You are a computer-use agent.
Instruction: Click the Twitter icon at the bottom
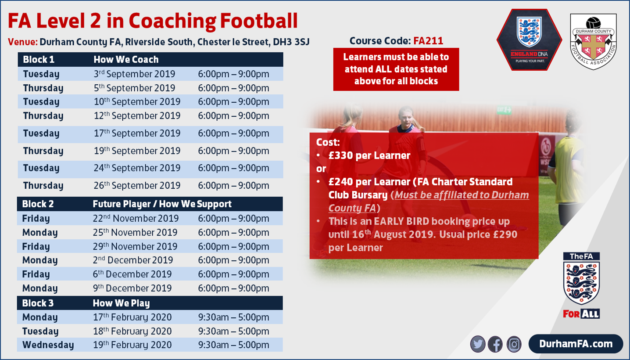(x=478, y=344)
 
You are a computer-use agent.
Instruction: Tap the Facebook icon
(x=495, y=344)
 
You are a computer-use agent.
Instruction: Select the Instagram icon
(x=514, y=344)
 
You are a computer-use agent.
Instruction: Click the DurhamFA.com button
(x=576, y=344)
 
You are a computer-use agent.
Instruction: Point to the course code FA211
(x=428, y=41)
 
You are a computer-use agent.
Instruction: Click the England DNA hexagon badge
(x=529, y=40)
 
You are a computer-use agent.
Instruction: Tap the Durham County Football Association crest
(x=593, y=42)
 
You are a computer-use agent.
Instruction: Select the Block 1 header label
(x=39, y=59)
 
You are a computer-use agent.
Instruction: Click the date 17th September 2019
(x=137, y=133)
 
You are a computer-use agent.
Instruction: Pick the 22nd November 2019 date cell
(x=136, y=219)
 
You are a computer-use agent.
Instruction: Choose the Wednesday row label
(x=48, y=345)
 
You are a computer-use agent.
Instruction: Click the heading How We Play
(x=121, y=303)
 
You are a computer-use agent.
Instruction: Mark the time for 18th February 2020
(x=233, y=331)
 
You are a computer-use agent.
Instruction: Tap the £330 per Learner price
(x=369, y=156)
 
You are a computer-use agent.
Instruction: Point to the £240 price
(x=340, y=182)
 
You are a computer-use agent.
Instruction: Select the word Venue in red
(x=22, y=42)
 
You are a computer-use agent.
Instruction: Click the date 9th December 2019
(x=132, y=288)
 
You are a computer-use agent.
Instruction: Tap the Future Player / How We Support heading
(x=162, y=204)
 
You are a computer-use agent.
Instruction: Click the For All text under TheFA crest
(x=581, y=314)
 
